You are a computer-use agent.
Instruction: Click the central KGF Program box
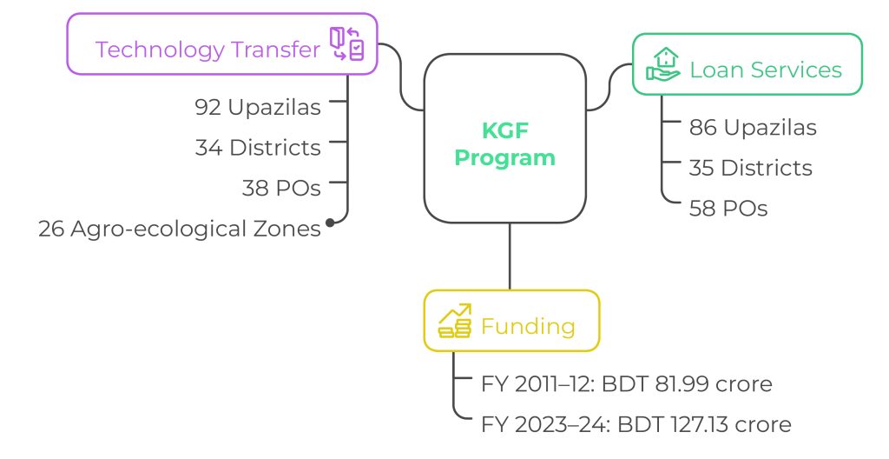click(x=505, y=138)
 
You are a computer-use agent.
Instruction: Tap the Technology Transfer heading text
click(x=207, y=50)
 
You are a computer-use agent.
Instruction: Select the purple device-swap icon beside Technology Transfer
click(x=347, y=43)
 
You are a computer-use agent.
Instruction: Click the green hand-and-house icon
click(x=662, y=64)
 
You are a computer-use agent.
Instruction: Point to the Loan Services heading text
click(x=766, y=70)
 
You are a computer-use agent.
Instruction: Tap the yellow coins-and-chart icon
click(x=455, y=321)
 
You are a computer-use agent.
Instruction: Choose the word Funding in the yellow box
click(x=528, y=326)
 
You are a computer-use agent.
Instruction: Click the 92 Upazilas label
click(x=258, y=107)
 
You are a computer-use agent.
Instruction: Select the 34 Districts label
click(x=258, y=148)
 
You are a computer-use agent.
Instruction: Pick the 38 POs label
click(x=281, y=188)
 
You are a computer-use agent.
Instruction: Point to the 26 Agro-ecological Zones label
click(x=180, y=229)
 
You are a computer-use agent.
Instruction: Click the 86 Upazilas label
click(x=753, y=127)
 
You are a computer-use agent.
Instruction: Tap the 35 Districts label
click(x=751, y=168)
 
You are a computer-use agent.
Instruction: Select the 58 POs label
click(x=728, y=209)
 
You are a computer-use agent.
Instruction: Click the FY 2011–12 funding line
click(x=627, y=384)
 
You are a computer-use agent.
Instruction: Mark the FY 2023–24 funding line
click(x=636, y=424)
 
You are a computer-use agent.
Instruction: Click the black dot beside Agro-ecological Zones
click(x=330, y=223)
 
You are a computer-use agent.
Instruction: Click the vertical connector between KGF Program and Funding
click(x=510, y=256)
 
